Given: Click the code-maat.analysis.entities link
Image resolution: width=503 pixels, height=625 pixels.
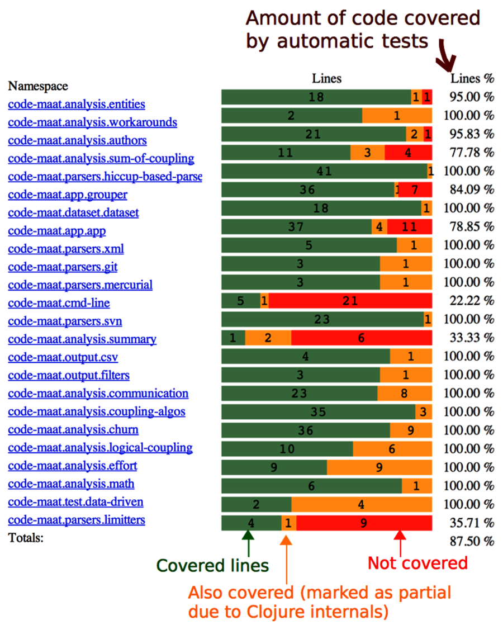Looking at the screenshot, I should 77,104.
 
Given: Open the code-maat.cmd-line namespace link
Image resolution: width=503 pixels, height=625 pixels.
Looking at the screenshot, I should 59,303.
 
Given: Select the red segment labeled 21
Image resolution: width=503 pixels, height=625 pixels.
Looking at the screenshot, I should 350,301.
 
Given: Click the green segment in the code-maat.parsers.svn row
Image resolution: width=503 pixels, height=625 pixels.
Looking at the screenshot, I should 322,320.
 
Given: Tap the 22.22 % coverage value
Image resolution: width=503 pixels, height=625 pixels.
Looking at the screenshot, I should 472,301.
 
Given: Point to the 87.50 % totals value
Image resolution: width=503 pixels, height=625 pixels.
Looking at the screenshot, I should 472,541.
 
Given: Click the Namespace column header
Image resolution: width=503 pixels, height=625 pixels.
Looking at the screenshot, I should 38,86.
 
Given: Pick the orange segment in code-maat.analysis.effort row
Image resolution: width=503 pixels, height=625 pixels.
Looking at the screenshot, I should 379,467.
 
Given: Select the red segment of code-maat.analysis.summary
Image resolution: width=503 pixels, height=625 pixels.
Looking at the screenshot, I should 362,338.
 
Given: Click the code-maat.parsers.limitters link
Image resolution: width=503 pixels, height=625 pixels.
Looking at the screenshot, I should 77,520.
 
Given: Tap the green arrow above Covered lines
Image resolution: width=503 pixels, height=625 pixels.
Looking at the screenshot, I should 248,542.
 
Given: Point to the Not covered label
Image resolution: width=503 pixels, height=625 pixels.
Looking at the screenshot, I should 417,563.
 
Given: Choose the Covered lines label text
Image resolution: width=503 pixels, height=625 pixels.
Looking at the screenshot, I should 212,566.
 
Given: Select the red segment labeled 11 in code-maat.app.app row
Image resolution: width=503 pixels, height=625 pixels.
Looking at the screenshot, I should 410,227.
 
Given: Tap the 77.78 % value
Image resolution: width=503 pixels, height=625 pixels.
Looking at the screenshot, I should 472,153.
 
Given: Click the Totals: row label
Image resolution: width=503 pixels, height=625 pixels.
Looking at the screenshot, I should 25,538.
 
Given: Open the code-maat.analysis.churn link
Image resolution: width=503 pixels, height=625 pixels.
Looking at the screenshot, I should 73,429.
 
